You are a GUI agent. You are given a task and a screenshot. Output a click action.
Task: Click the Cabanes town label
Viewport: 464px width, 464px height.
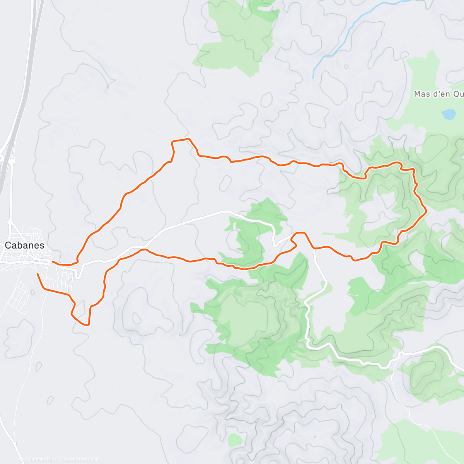pyautogui.click(x=24, y=246)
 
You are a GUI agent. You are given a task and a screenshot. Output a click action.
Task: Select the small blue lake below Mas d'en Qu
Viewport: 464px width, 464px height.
pyautogui.click(x=449, y=114)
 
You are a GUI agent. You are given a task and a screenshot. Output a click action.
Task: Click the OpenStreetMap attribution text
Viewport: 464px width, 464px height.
pyautogui.click(x=81, y=459)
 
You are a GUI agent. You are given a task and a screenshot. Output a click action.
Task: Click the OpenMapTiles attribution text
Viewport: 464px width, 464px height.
pyautogui.click(x=40, y=459)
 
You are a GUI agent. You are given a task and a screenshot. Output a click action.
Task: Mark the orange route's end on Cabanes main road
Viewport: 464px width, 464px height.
pyautogui.click(x=53, y=262)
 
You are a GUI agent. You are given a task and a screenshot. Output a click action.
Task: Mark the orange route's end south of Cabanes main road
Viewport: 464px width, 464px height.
pyautogui.click(x=38, y=274)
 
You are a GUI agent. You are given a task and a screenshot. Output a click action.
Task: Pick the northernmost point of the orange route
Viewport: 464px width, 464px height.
pyautogui.click(x=188, y=138)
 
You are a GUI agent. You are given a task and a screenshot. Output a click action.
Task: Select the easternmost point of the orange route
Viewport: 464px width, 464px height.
pyautogui.click(x=426, y=211)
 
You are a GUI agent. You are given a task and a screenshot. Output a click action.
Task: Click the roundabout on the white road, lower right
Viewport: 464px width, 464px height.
pyautogui.click(x=401, y=354)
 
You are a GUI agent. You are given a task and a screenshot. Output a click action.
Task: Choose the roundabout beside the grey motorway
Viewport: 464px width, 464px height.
pyautogui.click(x=12, y=162)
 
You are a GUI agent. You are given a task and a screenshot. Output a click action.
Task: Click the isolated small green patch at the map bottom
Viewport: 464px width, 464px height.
pyautogui.click(x=234, y=440)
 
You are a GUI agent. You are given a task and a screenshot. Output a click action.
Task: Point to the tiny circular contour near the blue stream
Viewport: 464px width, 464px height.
pyautogui.click(x=346, y=67)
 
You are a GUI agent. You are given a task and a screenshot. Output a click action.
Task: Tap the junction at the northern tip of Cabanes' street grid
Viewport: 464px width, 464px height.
pyautogui.click(x=10, y=221)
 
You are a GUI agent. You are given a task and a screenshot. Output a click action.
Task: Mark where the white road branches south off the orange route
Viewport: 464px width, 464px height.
pyautogui.click(x=314, y=249)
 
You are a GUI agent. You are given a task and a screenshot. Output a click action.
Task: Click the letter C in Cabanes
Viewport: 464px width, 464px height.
pyautogui.click(x=8, y=246)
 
